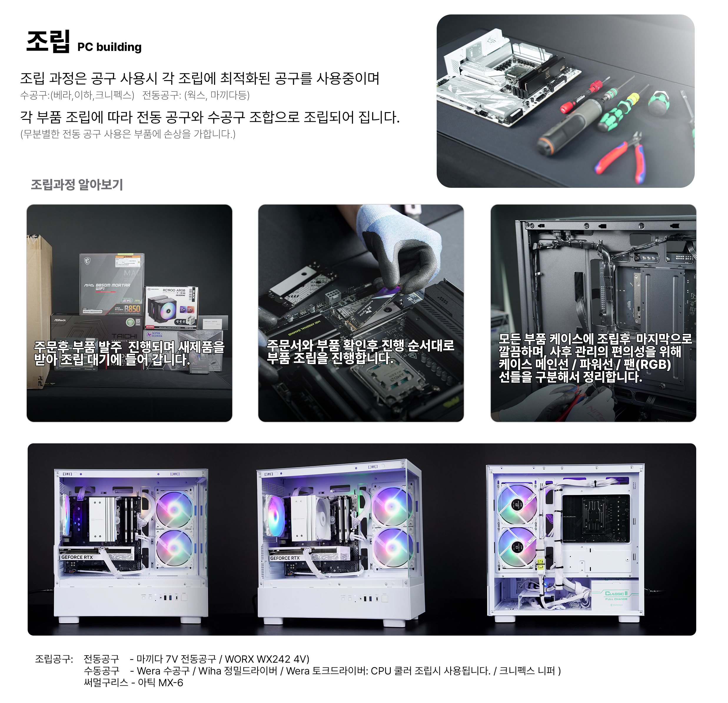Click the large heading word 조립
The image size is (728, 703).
coord(48,42)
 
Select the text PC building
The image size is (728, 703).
coord(109,47)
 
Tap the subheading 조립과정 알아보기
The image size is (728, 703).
coord(77,185)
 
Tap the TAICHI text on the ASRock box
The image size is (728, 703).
coord(124,336)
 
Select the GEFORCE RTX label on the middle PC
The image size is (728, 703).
coord(285,558)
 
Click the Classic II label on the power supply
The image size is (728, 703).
coord(616,593)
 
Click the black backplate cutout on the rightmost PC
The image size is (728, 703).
coord(596,519)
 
